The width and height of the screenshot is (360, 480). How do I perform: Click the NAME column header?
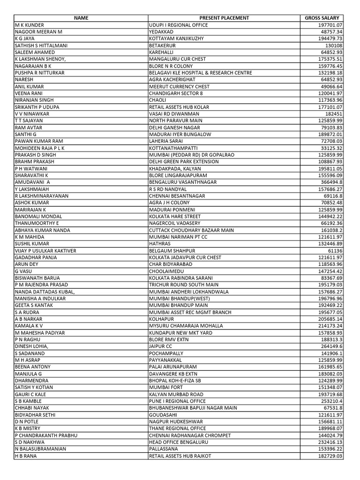click(81, 18)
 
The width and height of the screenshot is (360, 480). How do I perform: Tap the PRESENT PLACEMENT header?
click(224, 18)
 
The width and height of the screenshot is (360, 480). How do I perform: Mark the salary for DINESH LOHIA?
click(331, 346)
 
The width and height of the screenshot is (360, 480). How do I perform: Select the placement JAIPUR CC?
click(161, 346)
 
